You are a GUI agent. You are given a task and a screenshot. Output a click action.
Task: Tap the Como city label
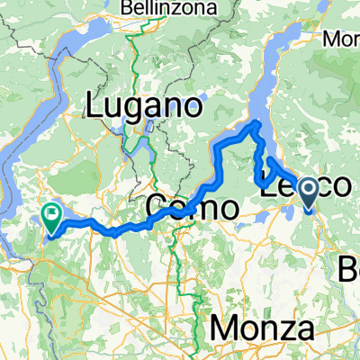(192, 208)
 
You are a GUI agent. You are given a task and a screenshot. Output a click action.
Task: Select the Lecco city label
(301, 186)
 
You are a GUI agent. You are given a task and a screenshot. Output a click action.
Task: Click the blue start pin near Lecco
(308, 192)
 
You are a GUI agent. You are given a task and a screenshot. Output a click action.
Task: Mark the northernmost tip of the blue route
(257, 122)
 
